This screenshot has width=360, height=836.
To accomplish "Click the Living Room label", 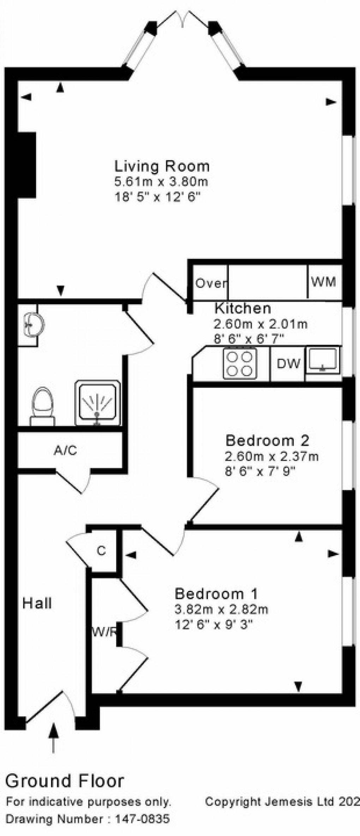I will click(162, 166).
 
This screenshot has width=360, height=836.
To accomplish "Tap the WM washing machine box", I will click(323, 282).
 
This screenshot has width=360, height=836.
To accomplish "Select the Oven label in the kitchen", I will click(211, 283).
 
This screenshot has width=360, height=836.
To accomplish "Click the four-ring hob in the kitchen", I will click(240, 364).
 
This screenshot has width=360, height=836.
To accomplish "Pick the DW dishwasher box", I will click(288, 364).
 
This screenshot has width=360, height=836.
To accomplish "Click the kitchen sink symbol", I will click(323, 359).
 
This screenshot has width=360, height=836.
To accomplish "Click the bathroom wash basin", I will click(32, 323).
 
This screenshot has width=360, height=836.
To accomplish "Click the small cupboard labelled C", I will click(101, 551).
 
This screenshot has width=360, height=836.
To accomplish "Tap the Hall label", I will click(37, 603).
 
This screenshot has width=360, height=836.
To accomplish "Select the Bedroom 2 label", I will click(267, 440).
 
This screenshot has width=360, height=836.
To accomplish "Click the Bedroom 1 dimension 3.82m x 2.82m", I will click(221, 609).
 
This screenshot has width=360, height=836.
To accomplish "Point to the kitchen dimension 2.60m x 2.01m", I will click(260, 324).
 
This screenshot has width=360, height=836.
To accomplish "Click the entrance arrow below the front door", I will click(54, 737).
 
